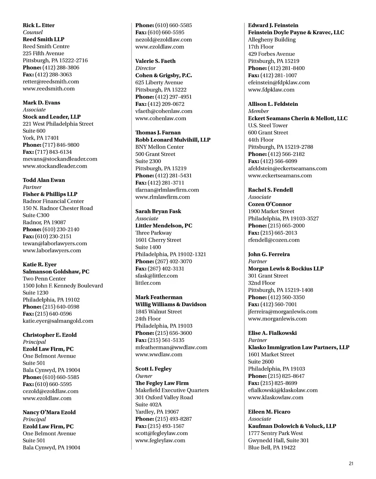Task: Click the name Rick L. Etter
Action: (39, 25)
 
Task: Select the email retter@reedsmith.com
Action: (51, 82)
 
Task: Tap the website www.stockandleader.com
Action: (55, 166)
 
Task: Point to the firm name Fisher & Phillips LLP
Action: (50, 194)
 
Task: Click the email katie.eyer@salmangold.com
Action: (58, 321)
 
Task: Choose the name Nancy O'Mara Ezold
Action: (49, 412)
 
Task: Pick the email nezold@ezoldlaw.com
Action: (163, 40)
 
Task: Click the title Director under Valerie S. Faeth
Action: (145, 68)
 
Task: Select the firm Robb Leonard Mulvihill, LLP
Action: (173, 140)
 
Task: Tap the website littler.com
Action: (148, 283)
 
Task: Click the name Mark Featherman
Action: (159, 297)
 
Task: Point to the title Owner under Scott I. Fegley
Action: (144, 376)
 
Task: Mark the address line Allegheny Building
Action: (272, 40)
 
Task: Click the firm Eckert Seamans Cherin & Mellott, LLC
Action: (297, 118)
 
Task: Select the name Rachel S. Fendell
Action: (270, 190)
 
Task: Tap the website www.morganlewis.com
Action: (277, 319)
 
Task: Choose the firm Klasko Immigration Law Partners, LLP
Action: (299, 347)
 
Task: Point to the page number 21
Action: (351, 464)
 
